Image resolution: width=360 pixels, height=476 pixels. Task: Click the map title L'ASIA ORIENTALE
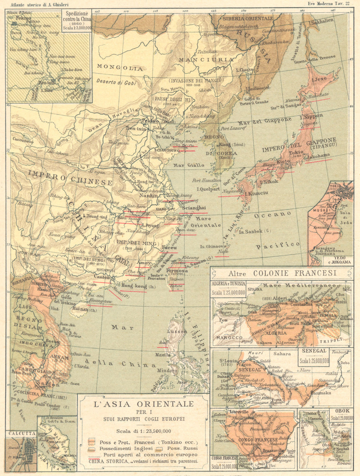click(x=144, y=404)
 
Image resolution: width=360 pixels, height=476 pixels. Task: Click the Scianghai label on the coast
click(x=194, y=208)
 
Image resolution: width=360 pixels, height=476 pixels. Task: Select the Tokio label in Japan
click(x=286, y=153)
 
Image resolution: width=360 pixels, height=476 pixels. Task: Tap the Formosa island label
click(x=177, y=271)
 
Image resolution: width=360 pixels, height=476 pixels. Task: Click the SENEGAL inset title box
click(x=314, y=351)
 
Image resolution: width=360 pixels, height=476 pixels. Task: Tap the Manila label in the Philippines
click(x=163, y=355)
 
